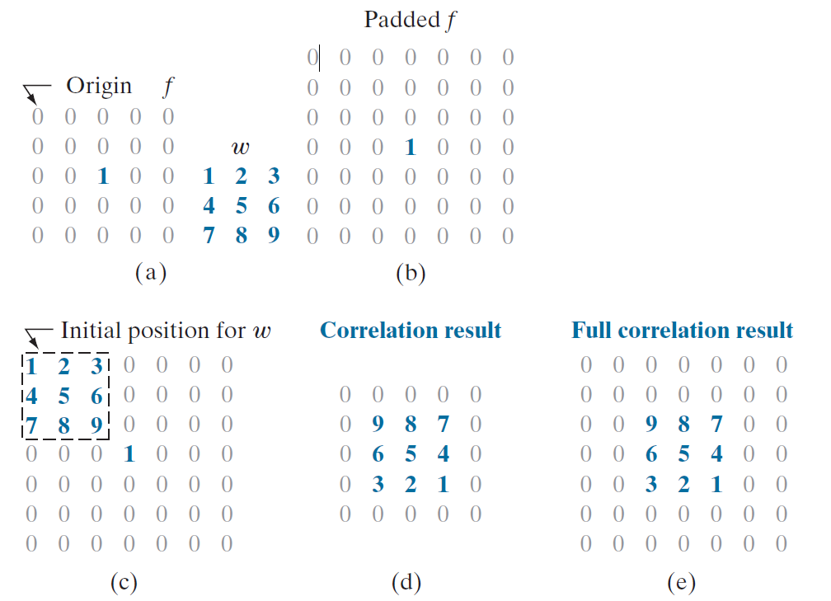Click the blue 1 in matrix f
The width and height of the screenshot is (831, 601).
pyautogui.click(x=103, y=176)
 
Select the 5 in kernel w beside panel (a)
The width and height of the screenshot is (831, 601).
pyautogui.click(x=241, y=206)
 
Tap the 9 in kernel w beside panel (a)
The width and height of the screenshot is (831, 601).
pyautogui.click(x=274, y=236)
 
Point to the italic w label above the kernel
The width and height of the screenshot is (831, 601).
pyautogui.click(x=241, y=148)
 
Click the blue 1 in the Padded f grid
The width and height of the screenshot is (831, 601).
pyautogui.click(x=411, y=148)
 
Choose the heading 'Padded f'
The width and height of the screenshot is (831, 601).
pyautogui.click(x=410, y=20)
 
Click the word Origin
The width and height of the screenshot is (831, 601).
pyautogui.click(x=99, y=86)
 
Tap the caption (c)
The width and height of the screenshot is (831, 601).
pyautogui.click(x=124, y=583)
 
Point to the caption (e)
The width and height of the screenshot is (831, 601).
pyautogui.click(x=683, y=583)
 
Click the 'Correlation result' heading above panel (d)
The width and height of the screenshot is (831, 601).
pyautogui.click(x=411, y=331)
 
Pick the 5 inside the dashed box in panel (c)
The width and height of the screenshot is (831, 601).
pyautogui.click(x=64, y=396)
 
